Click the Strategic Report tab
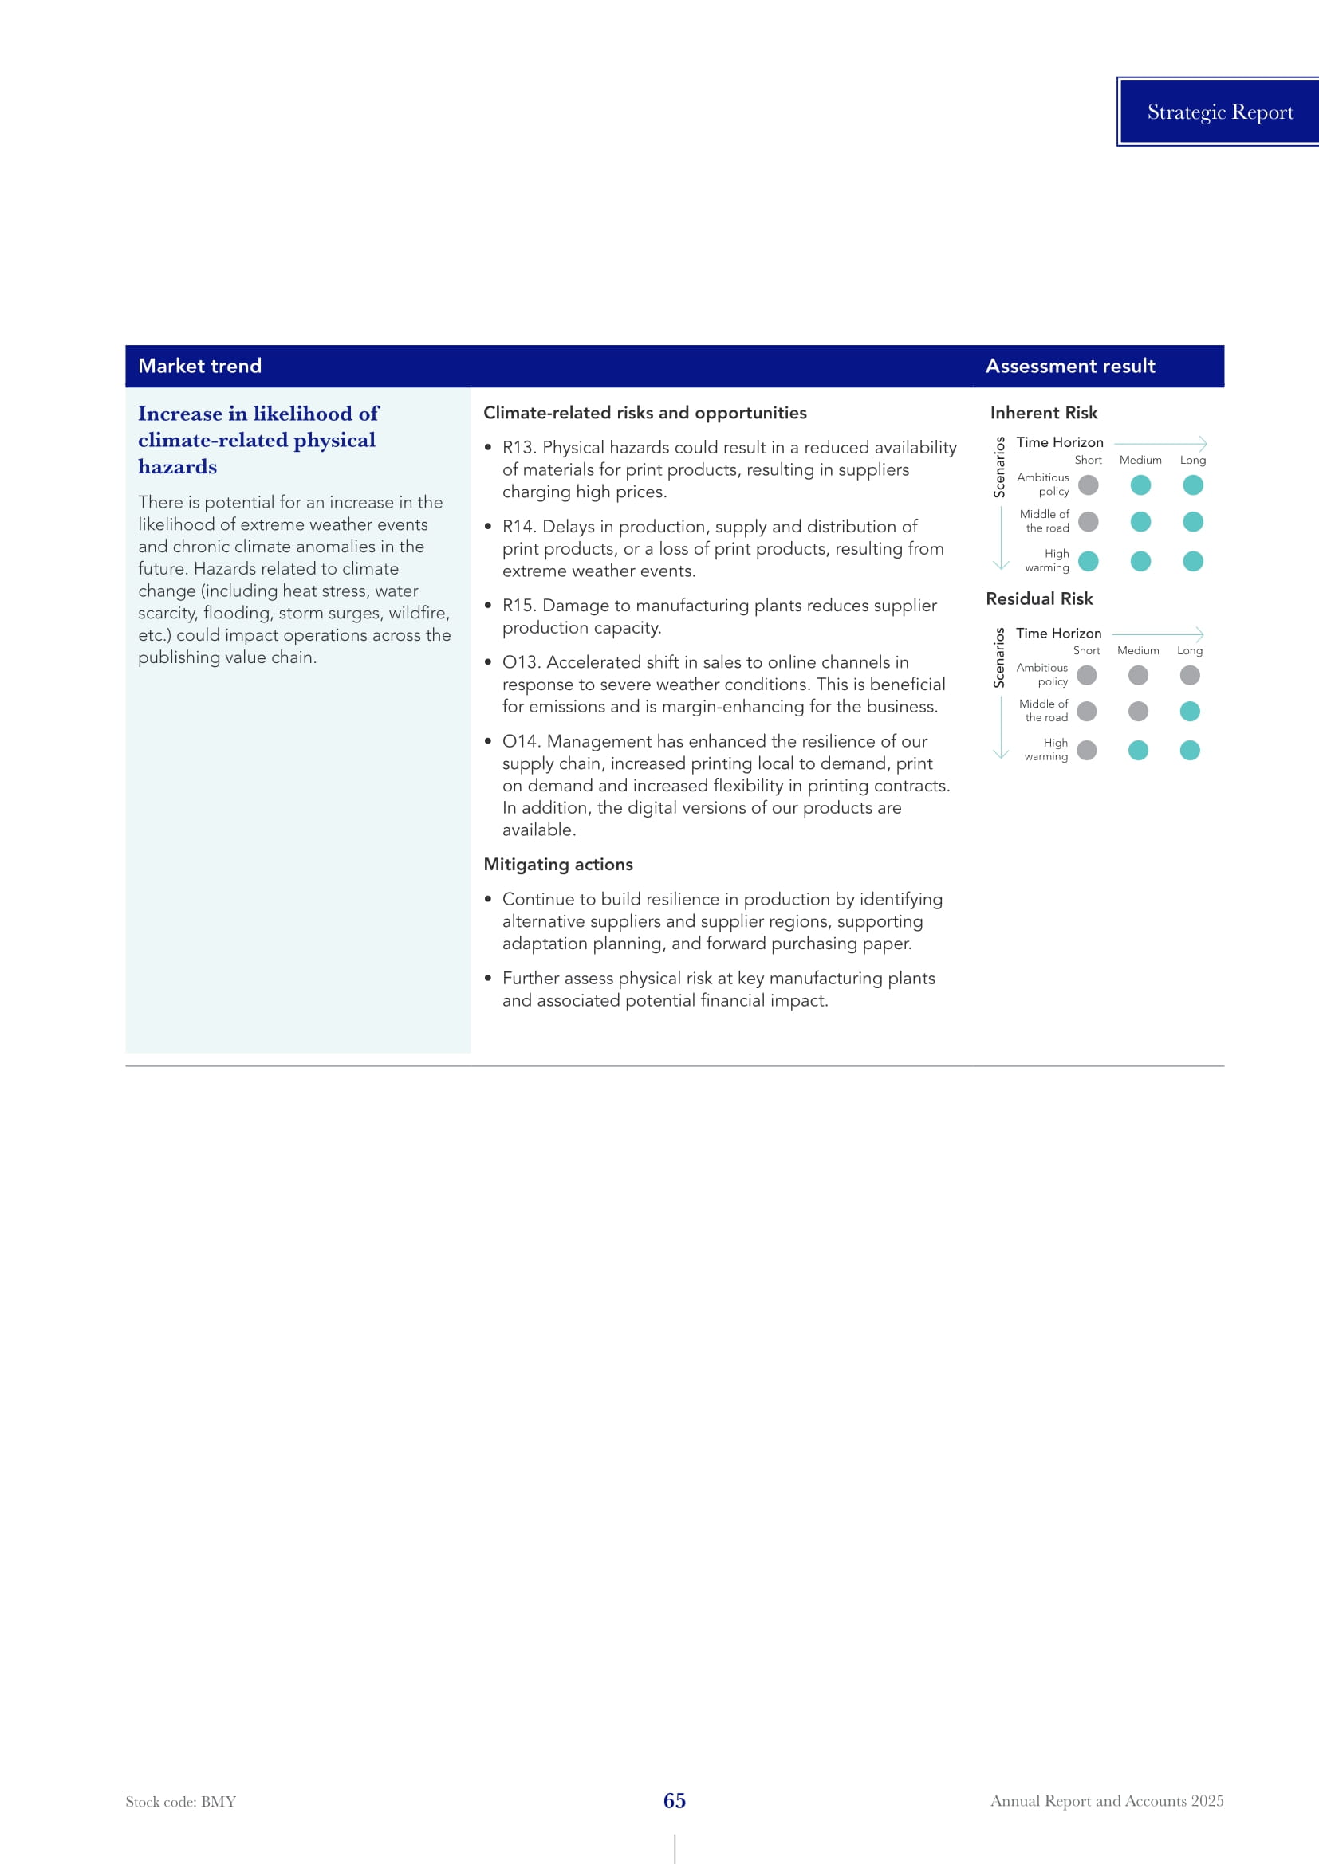pos(1219,112)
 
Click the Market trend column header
pos(200,366)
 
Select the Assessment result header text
pos(1069,366)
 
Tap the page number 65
pos(674,1801)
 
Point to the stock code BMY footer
pos(180,1802)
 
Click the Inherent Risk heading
pos(1043,413)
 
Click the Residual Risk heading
pos(1039,598)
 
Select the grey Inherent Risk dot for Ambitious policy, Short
pos(1089,485)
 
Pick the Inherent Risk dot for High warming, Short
pos(1089,561)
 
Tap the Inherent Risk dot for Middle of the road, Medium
pos(1140,521)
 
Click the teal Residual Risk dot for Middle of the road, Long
pos(1190,711)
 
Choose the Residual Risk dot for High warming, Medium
pos(1138,750)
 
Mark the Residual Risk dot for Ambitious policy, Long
pos(1190,675)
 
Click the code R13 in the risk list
pos(518,447)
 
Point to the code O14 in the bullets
pos(520,741)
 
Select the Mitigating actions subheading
pos(558,865)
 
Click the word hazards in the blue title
pos(177,467)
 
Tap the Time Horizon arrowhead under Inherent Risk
pos(1202,443)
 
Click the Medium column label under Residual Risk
pos(1138,650)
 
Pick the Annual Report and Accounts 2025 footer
pos(1106,1801)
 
